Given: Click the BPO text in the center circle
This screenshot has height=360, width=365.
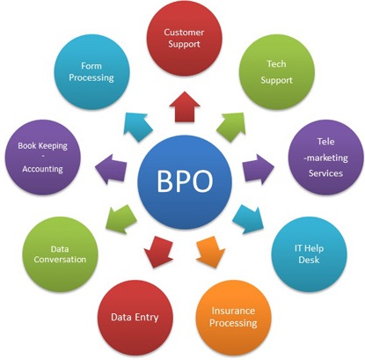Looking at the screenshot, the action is click(185, 181).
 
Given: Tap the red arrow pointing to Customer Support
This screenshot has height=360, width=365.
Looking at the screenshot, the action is click(185, 107).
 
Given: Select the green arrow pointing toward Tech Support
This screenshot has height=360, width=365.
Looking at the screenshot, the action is click(232, 127).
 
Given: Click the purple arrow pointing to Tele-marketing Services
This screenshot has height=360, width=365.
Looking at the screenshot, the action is click(259, 169).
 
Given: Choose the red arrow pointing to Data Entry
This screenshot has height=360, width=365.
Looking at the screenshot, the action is click(158, 252).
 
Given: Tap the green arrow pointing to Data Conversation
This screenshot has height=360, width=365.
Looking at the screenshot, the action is click(120, 219).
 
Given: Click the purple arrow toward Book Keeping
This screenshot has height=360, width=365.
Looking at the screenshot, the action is click(111, 169).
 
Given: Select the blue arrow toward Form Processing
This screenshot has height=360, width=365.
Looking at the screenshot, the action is click(137, 127).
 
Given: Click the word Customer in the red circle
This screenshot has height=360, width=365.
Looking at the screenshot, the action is click(184, 32).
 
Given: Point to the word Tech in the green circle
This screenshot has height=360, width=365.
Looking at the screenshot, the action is click(276, 63).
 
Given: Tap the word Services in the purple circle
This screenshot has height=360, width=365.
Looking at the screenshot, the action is click(325, 173).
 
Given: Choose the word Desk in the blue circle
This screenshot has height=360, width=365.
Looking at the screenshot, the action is click(309, 260).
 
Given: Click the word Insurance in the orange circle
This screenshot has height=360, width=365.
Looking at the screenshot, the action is click(233, 311).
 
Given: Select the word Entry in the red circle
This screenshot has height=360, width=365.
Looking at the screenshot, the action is click(147, 317).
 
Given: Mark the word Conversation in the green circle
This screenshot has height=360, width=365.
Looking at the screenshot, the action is click(60, 260).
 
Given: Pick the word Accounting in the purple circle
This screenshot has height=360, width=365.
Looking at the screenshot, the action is click(43, 169).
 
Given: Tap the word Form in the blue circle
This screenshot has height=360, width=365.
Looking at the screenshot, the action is click(91, 66).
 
